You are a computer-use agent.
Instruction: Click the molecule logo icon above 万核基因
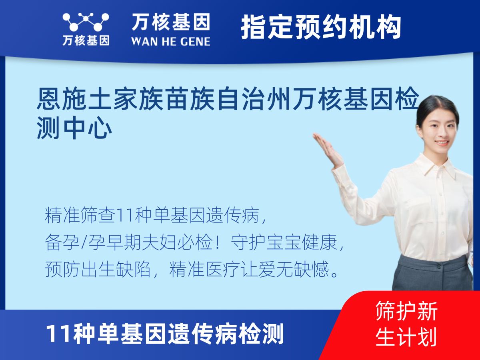pyautogui.click(x=86, y=22)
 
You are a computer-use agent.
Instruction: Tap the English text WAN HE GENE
pyautogui.click(x=171, y=42)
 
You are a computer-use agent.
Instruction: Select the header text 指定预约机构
pyautogui.click(x=321, y=27)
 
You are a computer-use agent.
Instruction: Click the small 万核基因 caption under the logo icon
pyautogui.click(x=86, y=41)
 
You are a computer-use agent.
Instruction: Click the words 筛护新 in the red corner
pyautogui.click(x=406, y=311)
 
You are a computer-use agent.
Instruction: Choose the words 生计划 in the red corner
pyautogui.click(x=406, y=337)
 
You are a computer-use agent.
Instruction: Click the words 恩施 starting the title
pyautogui.click(x=61, y=98)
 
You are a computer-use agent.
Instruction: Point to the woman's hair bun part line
pyautogui.click(x=434, y=102)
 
